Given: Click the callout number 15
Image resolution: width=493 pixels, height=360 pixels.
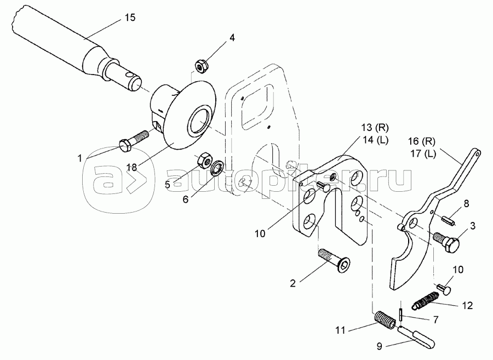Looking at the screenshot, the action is coord(130,18).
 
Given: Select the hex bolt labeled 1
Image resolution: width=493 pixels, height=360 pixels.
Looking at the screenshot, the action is coord(134,141).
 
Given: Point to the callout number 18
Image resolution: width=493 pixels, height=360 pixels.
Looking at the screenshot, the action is coord(132,167).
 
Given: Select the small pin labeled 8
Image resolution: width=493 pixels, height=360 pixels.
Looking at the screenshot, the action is coord(448,219).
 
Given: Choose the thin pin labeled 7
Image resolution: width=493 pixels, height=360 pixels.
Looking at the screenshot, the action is coord(400,315).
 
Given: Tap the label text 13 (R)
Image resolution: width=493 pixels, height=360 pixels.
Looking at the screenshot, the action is coord(375,128).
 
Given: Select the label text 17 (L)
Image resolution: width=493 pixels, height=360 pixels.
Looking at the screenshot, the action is coord(423,155).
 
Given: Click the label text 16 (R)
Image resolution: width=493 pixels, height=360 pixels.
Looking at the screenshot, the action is coord(422,141).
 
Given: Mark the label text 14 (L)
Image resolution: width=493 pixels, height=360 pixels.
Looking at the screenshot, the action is coord(375,140).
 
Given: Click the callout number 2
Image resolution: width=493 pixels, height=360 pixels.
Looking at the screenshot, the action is coord(293,283).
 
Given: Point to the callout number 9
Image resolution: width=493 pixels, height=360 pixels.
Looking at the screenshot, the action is coord(380,346).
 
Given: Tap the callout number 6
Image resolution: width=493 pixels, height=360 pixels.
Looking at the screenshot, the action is coord(186,199).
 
